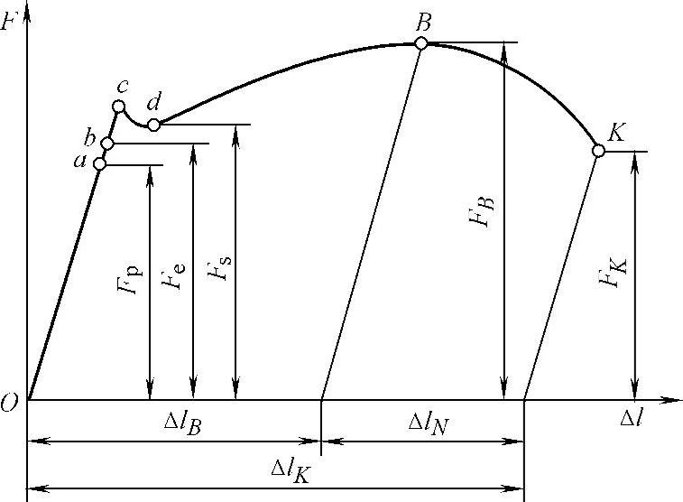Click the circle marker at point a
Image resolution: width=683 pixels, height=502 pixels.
[100, 164]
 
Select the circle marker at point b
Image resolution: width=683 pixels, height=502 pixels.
[107, 144]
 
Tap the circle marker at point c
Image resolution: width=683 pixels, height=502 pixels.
[117, 107]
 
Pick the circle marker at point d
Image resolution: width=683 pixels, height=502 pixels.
[153, 125]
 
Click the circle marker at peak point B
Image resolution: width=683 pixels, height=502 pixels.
[421, 42]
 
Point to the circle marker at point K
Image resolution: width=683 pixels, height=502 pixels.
[597, 151]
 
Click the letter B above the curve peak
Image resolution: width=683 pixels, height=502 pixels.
[423, 20]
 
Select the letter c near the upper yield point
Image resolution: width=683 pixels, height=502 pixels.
[121, 86]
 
